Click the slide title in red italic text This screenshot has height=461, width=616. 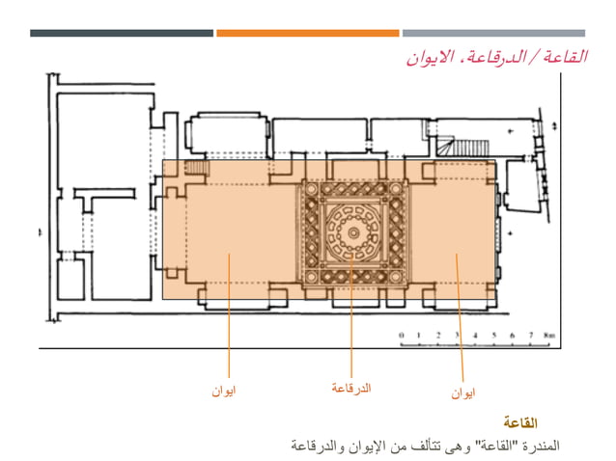pos(497,57)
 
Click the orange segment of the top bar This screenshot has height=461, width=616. pos(307,33)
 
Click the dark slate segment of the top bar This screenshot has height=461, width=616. pos(121,33)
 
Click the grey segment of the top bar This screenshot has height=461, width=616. pos(493,33)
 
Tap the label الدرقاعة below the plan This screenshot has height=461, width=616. pos(351,388)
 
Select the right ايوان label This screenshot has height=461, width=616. pos(462,393)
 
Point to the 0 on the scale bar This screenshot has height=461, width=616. pos(401,336)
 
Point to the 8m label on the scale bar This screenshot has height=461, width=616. pos(549,336)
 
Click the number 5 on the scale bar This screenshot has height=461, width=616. pos(493,336)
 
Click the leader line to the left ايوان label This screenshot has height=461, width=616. pos(228,318)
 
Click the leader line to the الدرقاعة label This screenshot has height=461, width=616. pos(351,318)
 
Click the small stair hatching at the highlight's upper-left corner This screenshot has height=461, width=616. pos(197,168)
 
